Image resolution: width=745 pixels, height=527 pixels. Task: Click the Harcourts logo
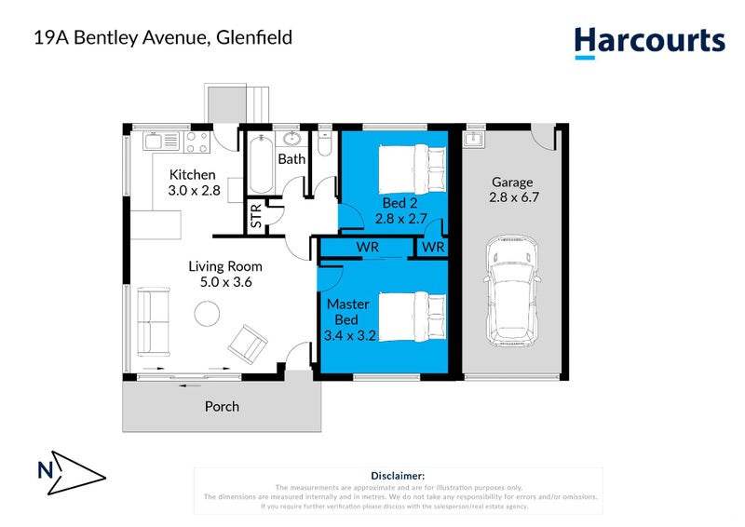click(649, 41)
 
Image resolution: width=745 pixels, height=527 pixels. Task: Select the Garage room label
click(511, 182)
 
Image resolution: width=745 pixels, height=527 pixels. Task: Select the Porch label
click(222, 406)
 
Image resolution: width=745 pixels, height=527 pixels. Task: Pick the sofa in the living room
click(155, 321)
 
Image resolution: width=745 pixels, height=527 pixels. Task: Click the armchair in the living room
click(247, 344)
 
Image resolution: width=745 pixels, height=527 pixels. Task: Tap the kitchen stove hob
click(196, 142)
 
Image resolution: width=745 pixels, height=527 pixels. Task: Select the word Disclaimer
click(398, 476)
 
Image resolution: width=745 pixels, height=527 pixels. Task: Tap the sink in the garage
click(473, 140)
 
